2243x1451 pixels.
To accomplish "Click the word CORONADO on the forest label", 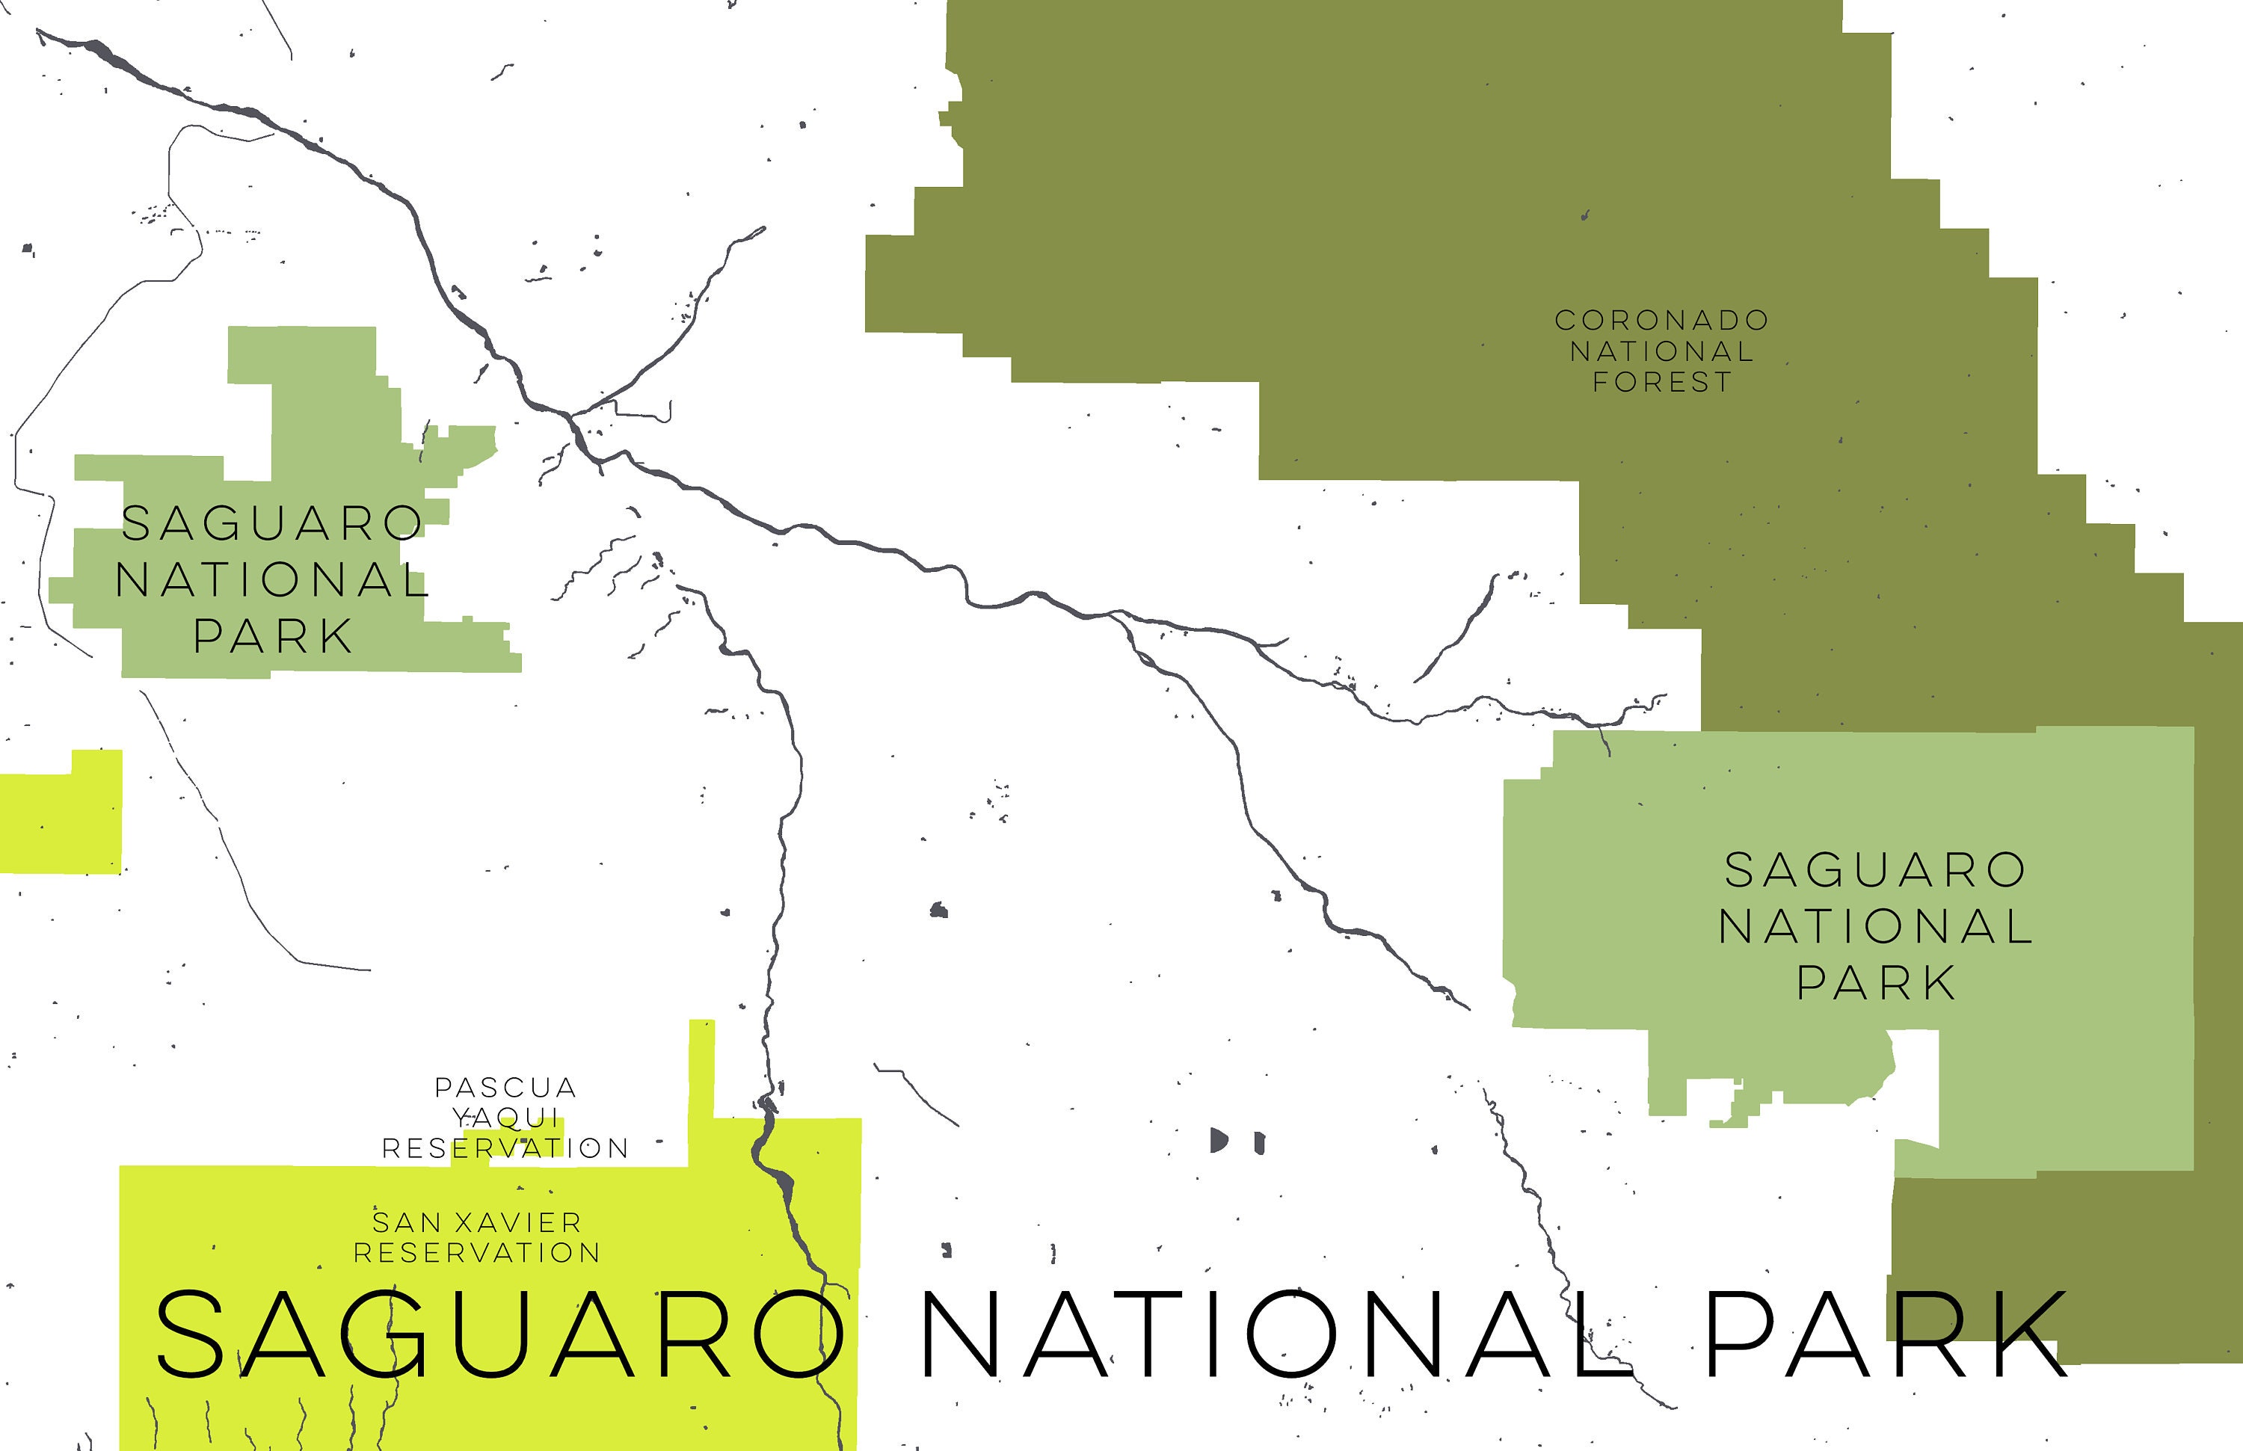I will tap(1661, 321).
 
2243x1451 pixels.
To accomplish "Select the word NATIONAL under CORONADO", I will tap(1661, 351).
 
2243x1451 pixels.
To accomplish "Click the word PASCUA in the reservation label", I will tap(505, 1088).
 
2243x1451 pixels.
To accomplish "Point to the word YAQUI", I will tap(506, 1118).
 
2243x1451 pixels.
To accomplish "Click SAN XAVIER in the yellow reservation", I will tap(477, 1223).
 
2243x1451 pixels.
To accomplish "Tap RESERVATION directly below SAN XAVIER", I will tap(477, 1253).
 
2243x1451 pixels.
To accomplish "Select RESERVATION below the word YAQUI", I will tap(505, 1148).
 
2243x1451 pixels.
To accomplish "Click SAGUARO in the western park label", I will tap(272, 524).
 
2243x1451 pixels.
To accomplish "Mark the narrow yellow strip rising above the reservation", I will tap(701, 1074).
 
